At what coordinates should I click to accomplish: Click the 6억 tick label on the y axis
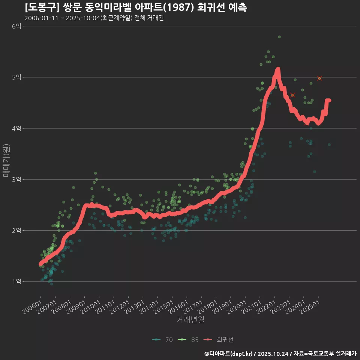[16, 26]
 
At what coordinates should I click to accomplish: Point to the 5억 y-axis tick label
[16, 77]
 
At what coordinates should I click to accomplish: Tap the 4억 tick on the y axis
[16, 128]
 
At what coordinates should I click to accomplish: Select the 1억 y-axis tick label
[16, 281]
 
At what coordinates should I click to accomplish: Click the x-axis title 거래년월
[190, 320]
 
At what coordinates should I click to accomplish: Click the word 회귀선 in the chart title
[207, 7]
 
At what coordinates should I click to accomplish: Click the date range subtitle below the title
[94, 18]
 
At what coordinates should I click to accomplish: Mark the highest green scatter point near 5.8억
[279, 37]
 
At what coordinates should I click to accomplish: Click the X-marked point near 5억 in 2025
[319, 78]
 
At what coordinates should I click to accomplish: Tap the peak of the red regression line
[278, 69]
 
